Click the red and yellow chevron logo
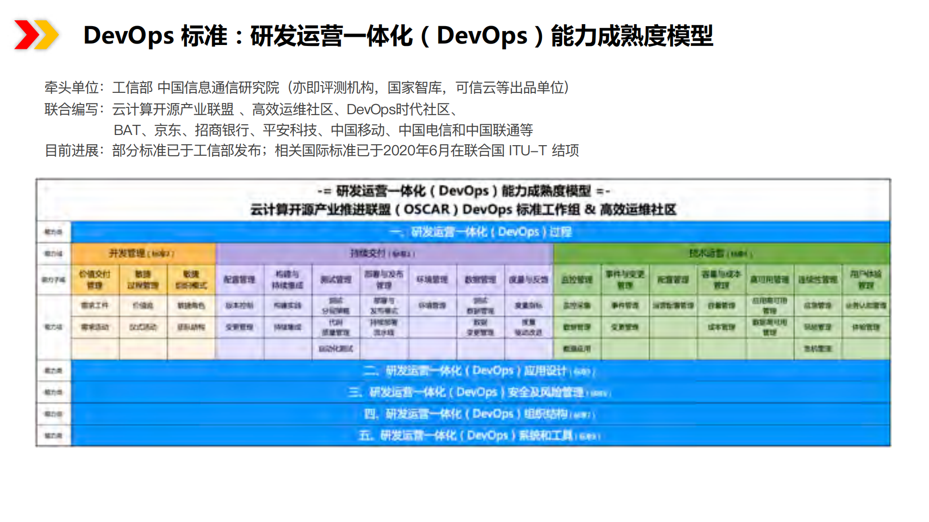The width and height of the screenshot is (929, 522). click(36, 35)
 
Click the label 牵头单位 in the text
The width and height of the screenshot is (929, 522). click(71, 88)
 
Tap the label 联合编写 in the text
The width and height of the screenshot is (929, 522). click(71, 109)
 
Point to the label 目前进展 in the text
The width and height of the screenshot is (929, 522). click(71, 150)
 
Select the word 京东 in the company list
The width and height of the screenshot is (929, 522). click(168, 130)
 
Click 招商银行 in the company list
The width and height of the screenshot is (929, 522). click(222, 130)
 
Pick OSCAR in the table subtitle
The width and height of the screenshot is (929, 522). click(426, 209)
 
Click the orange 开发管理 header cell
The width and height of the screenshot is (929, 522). click(143, 254)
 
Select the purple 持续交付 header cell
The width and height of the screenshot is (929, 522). click(384, 254)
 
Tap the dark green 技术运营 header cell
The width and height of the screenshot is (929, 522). click(721, 254)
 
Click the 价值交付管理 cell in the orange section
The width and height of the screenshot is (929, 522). click(95, 279)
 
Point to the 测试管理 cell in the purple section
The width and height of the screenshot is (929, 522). click(336, 279)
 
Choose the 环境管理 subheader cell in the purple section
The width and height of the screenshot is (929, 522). click(432, 279)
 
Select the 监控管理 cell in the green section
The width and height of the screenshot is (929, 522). click(577, 279)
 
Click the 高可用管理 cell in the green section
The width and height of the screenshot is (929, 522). click(769, 279)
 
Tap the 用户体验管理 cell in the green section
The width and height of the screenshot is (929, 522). click(866, 279)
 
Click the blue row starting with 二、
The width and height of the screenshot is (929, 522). click(479, 371)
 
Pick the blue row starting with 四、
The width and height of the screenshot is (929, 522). click(479, 414)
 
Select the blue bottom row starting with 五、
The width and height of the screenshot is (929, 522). click(479, 435)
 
